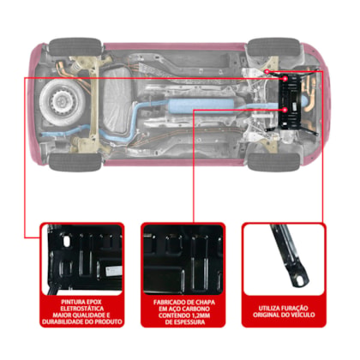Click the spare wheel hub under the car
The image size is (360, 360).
(x=61, y=100)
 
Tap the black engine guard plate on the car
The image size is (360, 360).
(x=290, y=101)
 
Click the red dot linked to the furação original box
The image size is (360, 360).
(x=267, y=71)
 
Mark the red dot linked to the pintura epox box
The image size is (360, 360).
(x=285, y=79)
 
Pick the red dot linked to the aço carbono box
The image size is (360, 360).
(x=285, y=110)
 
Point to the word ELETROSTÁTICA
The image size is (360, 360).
(x=82, y=309)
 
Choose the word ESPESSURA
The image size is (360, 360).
(x=189, y=322)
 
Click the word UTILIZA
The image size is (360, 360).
(x=269, y=309)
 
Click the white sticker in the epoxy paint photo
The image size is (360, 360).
(x=114, y=271)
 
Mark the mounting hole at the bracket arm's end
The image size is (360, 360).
(x=299, y=281)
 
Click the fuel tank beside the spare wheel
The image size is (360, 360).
(x=117, y=100)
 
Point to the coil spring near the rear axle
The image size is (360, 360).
(x=75, y=67)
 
